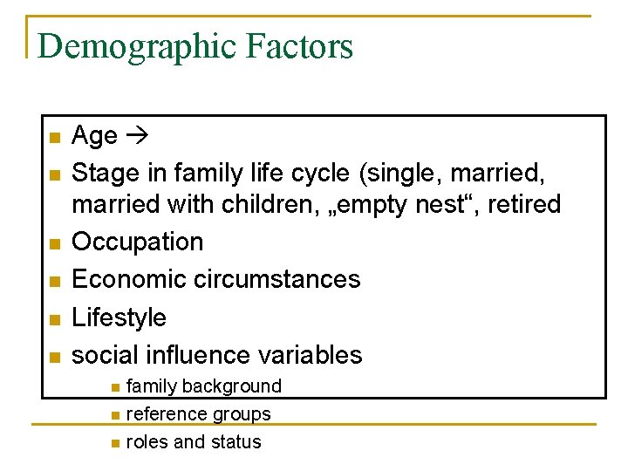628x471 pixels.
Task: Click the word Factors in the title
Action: [x=300, y=45]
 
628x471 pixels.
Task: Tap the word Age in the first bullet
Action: [x=94, y=135]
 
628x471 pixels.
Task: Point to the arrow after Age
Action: [x=138, y=135]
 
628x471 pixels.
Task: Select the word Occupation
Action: [x=137, y=242]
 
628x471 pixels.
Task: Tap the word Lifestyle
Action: [x=119, y=317]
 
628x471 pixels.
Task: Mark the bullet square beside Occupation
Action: [x=53, y=242]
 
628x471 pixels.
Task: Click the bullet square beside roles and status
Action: [x=116, y=443]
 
